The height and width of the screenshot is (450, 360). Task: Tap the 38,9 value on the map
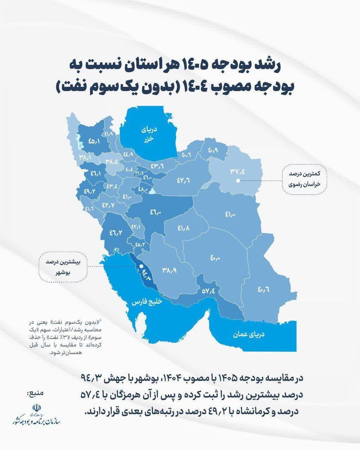169,270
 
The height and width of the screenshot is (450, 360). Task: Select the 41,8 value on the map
183,228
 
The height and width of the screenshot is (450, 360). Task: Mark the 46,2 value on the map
115,232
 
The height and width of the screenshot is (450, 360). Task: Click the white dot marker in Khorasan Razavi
238,180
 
